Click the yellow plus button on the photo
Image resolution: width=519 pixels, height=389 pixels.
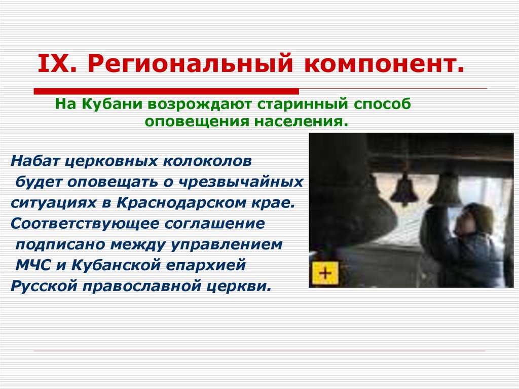(324, 274)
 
